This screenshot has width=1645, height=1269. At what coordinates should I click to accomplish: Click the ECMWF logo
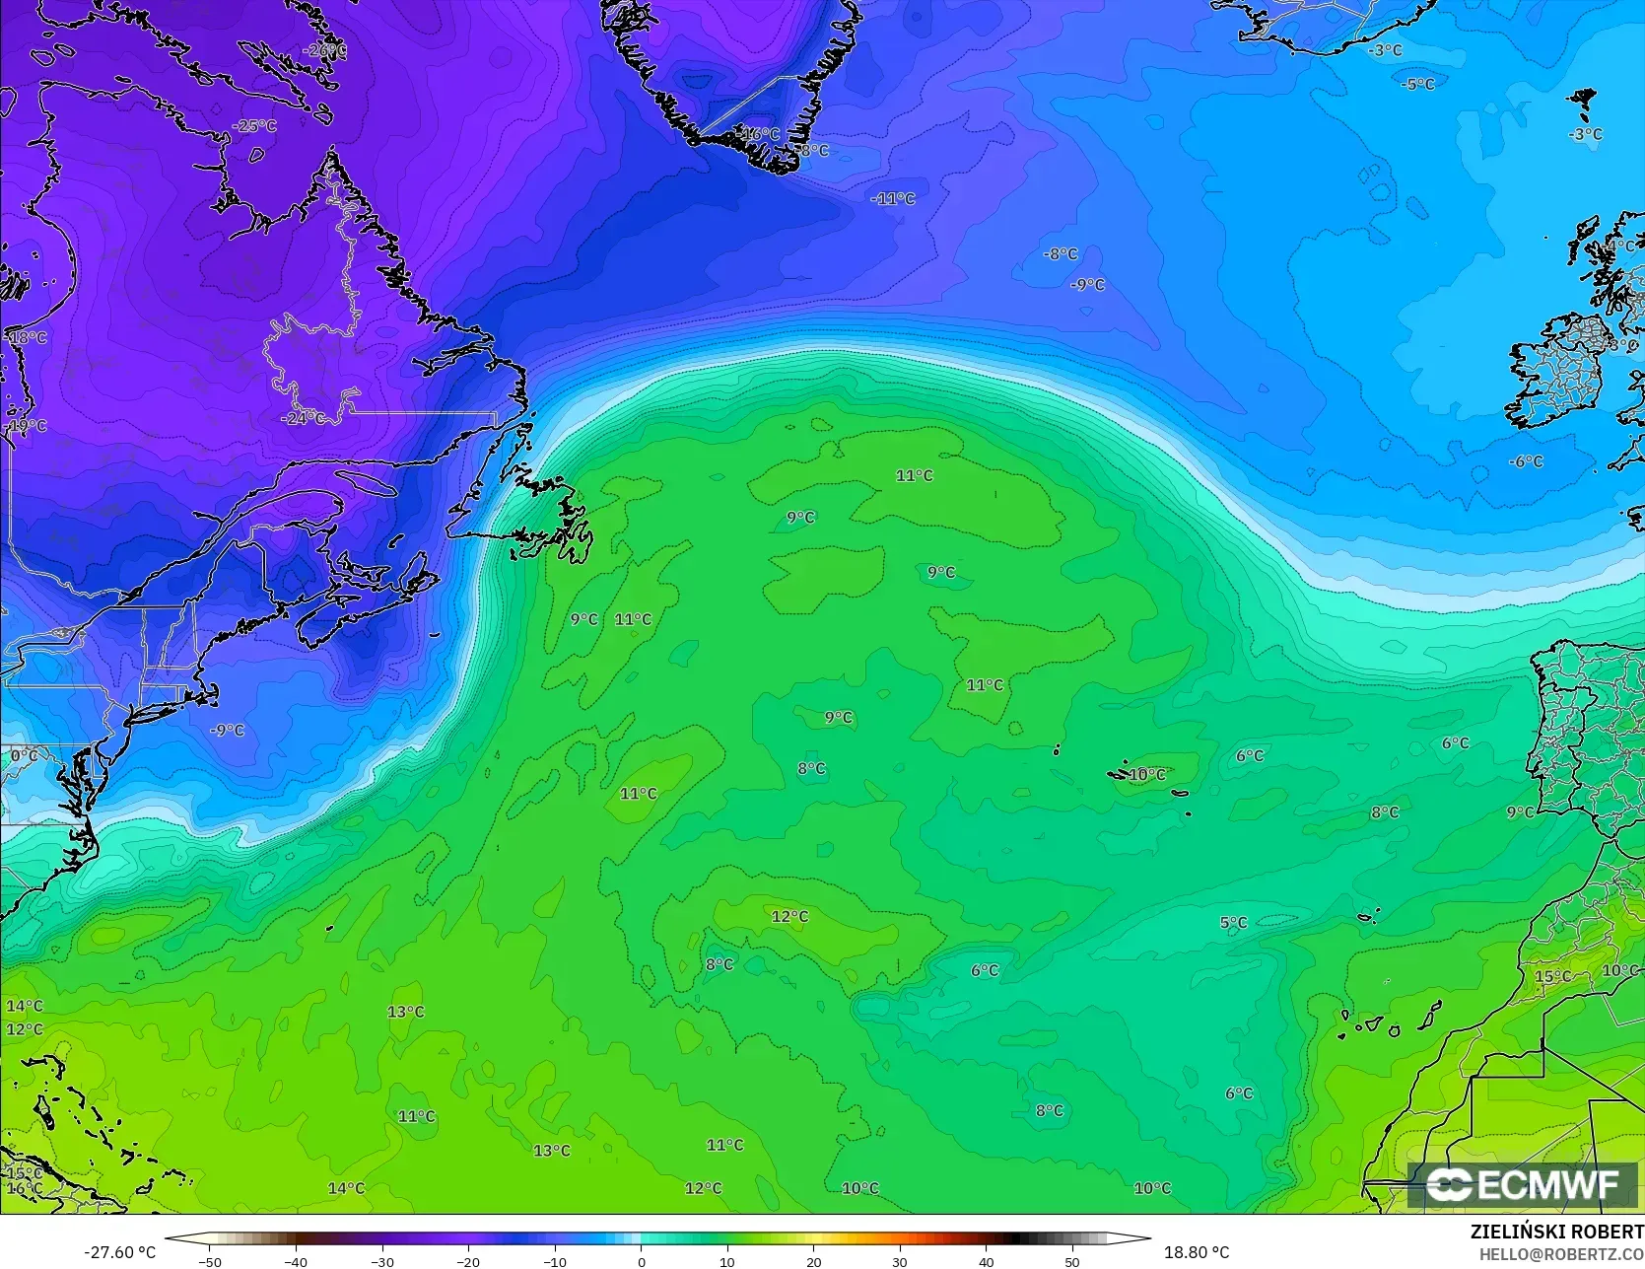coord(1523,1184)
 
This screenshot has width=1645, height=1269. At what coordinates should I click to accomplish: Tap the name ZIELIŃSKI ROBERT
coord(1556,1232)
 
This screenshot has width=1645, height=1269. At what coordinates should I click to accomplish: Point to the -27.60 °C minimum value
coord(119,1252)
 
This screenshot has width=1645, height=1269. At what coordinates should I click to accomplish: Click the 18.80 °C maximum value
coord(1197,1252)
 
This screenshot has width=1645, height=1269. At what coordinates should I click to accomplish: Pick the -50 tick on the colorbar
coord(210,1261)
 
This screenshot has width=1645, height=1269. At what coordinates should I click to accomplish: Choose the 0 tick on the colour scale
coord(641,1261)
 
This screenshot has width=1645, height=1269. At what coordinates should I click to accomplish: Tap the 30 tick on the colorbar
coord(900,1261)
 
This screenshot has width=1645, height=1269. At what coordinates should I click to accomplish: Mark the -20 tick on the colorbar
coord(468,1261)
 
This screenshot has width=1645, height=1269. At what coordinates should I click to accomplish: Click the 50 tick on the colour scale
coord(1072,1261)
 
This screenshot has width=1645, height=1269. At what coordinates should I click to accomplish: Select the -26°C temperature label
coord(324,50)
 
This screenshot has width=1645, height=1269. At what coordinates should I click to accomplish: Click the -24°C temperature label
coord(303,418)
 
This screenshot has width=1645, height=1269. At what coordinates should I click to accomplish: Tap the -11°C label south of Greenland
coord(893,198)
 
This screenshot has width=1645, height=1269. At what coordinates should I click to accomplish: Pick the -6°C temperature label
coord(1526,461)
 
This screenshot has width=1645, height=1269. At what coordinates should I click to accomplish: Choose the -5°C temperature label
coord(1418,85)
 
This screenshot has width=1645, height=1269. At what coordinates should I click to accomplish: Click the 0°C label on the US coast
coord(25,756)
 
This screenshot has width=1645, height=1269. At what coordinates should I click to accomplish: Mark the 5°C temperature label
coord(1234,923)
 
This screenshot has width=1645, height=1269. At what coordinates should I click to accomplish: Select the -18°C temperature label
coord(27,337)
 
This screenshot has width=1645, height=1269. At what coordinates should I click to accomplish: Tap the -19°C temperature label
coord(27,426)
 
